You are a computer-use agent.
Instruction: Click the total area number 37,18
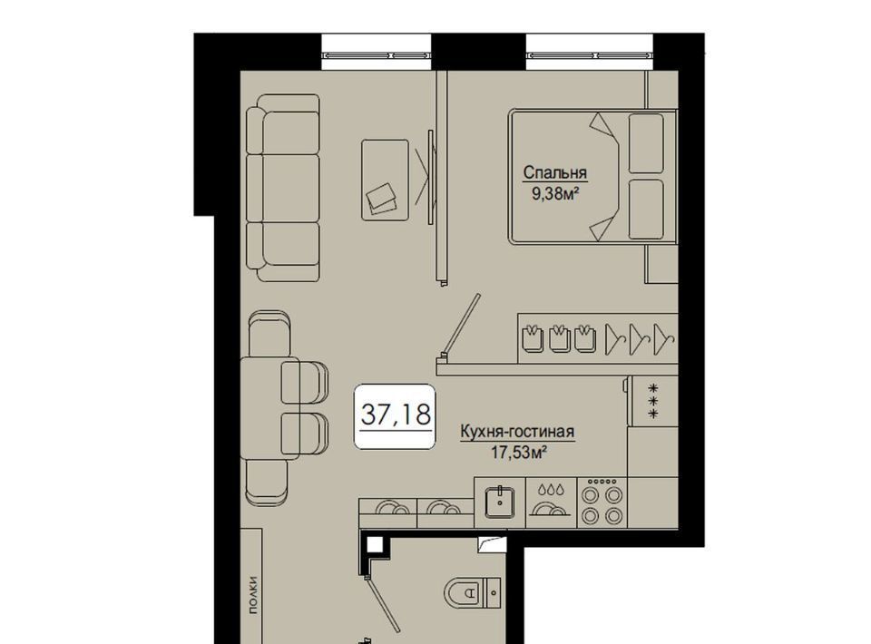click(396, 415)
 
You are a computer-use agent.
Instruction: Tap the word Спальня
click(554, 172)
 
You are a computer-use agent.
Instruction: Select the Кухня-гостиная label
click(516, 432)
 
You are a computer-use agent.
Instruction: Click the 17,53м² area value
click(516, 453)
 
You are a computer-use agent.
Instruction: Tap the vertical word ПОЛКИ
click(253, 596)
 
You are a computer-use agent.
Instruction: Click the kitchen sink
click(500, 502)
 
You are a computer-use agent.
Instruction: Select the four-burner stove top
click(602, 502)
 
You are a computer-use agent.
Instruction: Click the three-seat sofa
click(283, 188)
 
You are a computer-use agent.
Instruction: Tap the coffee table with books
click(385, 180)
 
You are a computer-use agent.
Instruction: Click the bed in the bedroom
click(592, 177)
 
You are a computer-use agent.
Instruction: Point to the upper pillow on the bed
click(646, 143)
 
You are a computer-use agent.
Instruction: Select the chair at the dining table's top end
click(269, 334)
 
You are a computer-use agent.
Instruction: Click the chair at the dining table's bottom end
click(267, 483)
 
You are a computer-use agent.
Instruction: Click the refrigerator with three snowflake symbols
click(653, 402)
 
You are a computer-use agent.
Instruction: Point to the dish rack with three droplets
click(553, 502)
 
